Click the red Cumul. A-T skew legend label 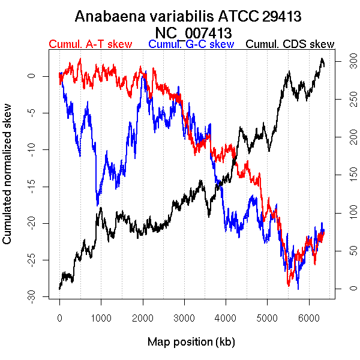coord(90,44)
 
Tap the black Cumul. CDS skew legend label coord(290,44)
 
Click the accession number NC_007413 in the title coord(193,31)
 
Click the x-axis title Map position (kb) coord(191,342)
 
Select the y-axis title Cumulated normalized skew coord(8,180)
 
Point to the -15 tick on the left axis coord(35,186)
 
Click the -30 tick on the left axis coord(35,296)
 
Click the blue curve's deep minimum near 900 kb coord(97,204)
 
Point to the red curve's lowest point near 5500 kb coord(290,286)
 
